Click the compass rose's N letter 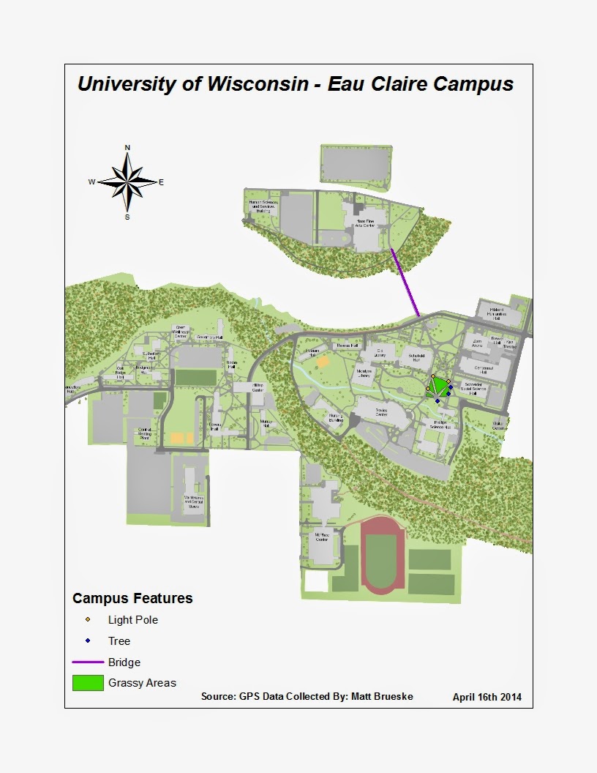pos(127,148)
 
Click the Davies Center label pos(381,411)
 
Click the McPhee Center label pos(321,537)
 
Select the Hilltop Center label pos(258,387)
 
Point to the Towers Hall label pos(214,426)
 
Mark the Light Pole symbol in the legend pos(88,619)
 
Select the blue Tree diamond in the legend pos(88,641)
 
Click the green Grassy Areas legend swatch pos(87,683)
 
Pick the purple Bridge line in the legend pos(87,662)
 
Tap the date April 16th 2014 pos(487,697)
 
